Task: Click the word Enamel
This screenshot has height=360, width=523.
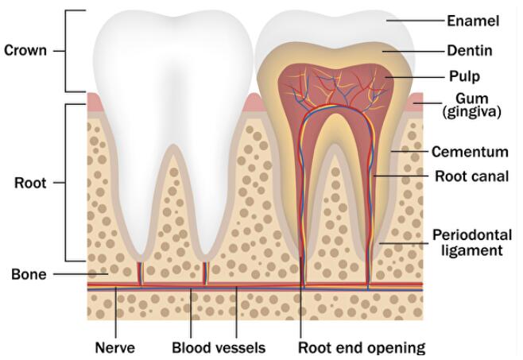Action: (473, 21)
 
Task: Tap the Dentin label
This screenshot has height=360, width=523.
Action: (469, 50)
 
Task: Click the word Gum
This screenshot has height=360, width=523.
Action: (468, 98)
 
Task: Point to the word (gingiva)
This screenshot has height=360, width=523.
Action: (472, 112)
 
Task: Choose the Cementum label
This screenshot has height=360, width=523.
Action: (470, 151)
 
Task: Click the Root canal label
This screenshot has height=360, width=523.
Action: (472, 176)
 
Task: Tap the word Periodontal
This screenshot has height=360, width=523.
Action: (471, 235)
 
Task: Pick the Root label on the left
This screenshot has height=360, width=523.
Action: (30, 183)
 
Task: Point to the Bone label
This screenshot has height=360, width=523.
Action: (29, 275)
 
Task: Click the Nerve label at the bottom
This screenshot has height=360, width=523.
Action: (115, 347)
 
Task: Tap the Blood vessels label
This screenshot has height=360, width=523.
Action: (219, 347)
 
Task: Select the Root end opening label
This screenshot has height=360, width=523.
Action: (362, 347)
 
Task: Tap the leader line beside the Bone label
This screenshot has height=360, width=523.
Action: (79, 275)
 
